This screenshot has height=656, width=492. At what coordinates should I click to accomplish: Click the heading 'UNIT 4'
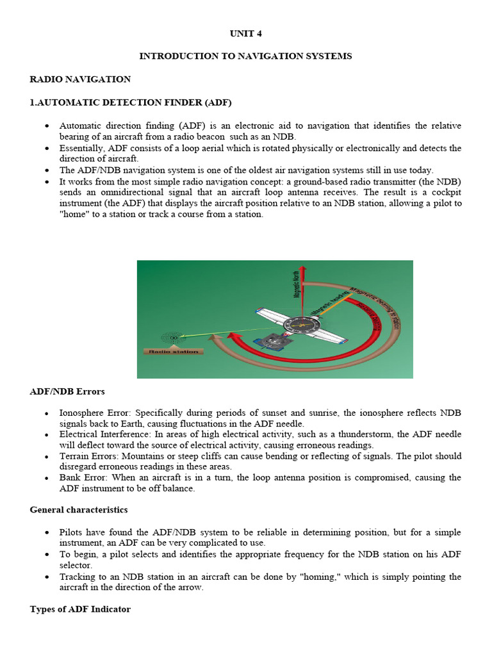[245, 33]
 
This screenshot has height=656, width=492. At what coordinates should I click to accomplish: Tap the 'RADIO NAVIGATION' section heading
[80, 79]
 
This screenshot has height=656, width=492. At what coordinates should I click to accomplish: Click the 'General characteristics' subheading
[78, 510]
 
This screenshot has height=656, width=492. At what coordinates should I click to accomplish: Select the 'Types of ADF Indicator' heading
[80, 609]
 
